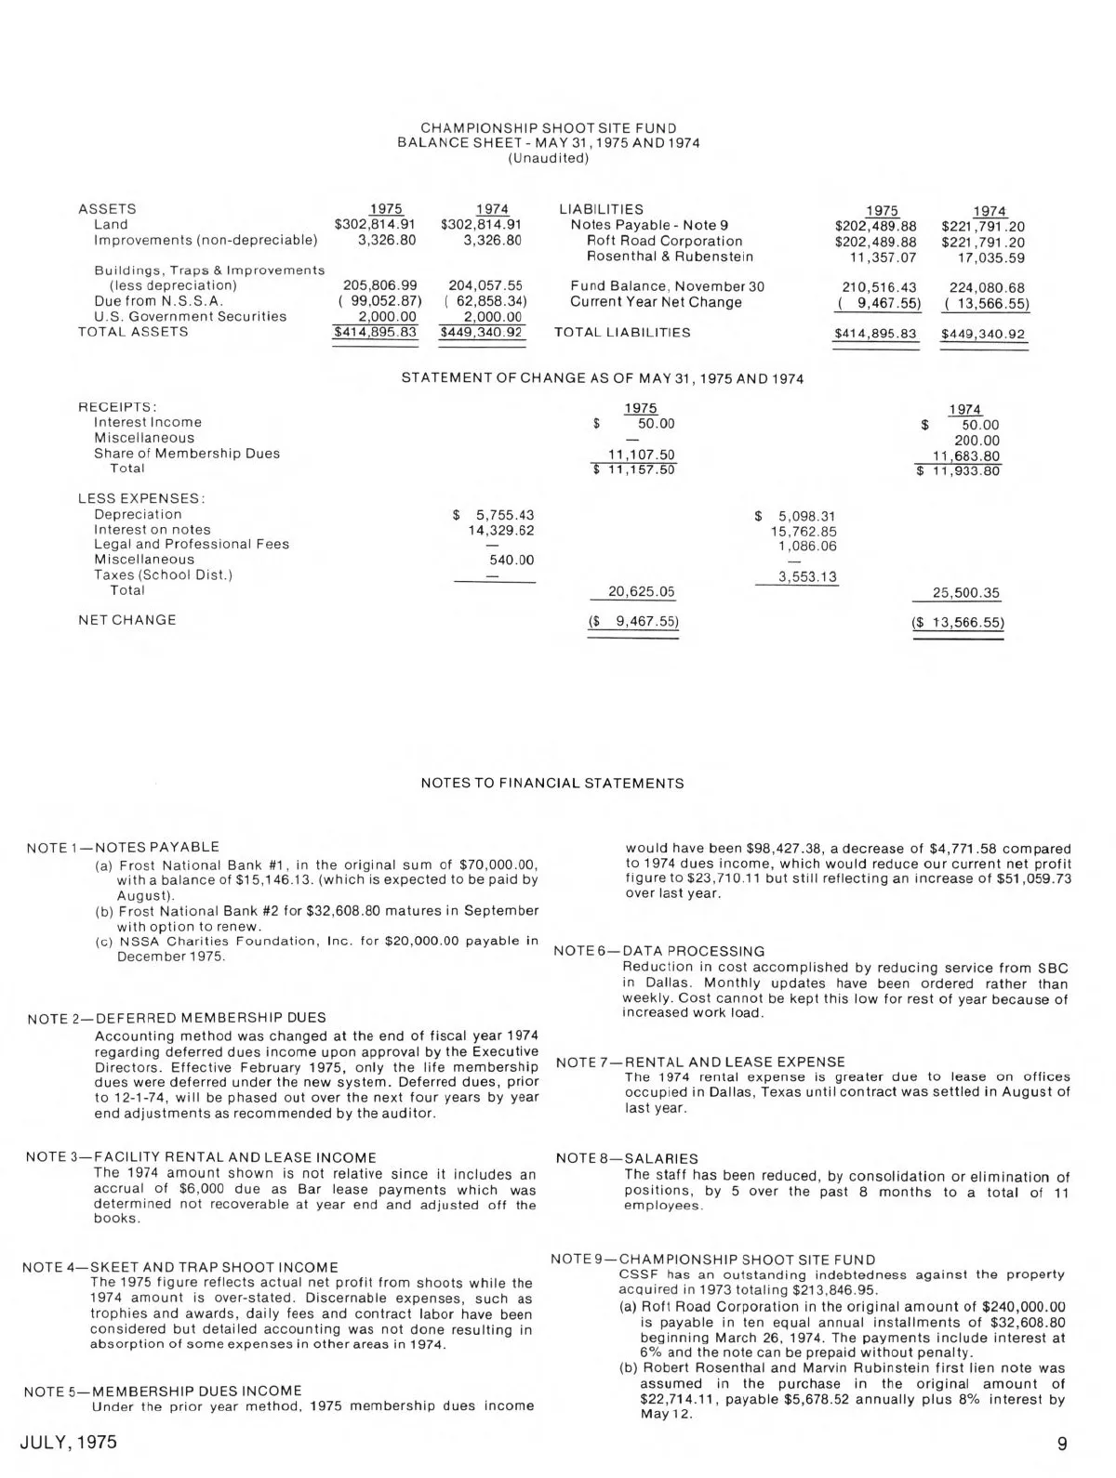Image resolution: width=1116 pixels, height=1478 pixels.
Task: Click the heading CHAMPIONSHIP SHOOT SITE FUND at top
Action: point(549,128)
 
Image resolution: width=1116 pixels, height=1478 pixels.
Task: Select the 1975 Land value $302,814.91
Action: point(375,224)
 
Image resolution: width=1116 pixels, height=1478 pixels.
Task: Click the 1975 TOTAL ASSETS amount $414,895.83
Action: point(375,332)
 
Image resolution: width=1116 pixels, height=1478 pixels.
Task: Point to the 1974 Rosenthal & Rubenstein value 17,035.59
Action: point(991,257)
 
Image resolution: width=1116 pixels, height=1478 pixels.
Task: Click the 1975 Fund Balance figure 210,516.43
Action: point(879,288)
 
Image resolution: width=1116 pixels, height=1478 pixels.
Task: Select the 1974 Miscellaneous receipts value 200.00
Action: point(976,441)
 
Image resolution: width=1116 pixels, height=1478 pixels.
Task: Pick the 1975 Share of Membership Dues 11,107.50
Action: point(641,455)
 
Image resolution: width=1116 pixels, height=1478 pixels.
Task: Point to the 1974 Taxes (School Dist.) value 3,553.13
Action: point(807,577)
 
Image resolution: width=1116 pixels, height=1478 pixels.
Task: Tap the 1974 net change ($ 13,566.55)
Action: point(958,623)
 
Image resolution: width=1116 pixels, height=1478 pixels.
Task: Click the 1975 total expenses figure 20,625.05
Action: point(641,591)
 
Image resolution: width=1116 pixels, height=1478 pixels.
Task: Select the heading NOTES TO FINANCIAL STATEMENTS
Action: point(552,784)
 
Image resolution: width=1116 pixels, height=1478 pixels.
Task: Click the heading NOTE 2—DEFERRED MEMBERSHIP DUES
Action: point(177,1019)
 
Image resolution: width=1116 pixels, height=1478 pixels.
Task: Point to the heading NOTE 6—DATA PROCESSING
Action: point(659,951)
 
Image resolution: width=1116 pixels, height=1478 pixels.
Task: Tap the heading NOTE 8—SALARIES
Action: point(627,1158)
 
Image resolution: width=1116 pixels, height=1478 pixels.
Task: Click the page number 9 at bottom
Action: point(1062,1444)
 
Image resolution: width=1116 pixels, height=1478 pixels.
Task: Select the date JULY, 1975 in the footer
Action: point(69,1443)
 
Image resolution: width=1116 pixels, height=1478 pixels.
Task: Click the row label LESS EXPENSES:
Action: point(141,498)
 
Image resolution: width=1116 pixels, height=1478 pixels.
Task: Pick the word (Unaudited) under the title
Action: point(549,158)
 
